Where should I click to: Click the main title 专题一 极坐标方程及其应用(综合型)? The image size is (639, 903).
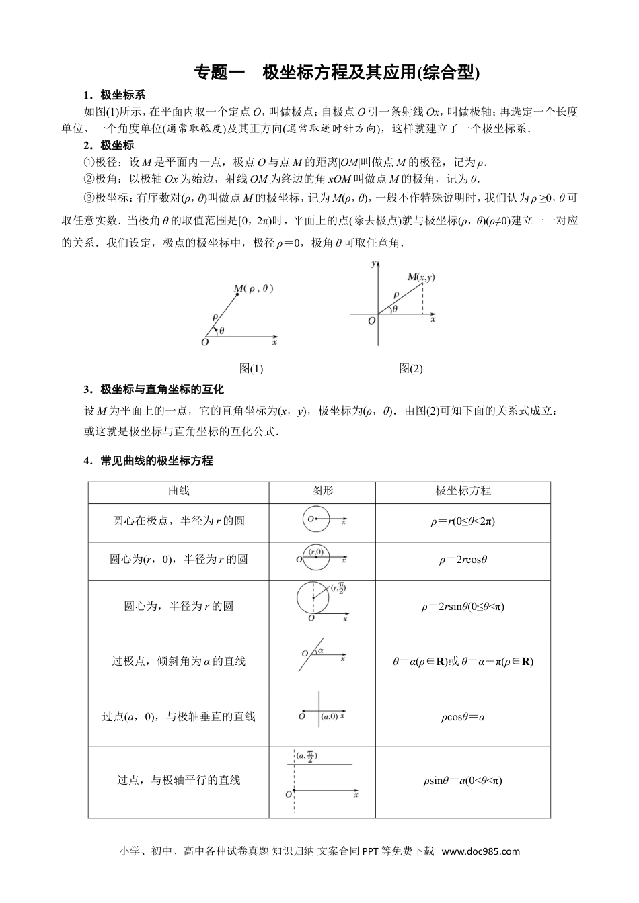337,73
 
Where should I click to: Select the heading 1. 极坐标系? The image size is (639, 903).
114,95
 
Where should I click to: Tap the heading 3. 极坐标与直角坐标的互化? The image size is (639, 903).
153,389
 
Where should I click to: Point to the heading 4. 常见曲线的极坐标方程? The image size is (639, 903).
148,460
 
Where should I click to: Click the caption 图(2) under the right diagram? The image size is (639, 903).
411,368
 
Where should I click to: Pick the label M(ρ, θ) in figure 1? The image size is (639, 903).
254,289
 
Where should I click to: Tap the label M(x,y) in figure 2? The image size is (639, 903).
421,277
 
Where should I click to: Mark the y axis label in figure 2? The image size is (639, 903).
373,264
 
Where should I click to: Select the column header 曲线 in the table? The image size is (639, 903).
178,491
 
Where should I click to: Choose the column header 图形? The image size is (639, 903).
322,491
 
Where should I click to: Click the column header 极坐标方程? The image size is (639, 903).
463,491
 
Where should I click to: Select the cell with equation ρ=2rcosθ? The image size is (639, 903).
463,559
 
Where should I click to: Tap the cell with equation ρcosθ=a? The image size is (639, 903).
463,717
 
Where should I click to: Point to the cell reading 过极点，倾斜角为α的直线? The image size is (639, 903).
178,661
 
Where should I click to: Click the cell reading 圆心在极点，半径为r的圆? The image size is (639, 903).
178,521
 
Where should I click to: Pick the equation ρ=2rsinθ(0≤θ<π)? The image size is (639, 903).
463,607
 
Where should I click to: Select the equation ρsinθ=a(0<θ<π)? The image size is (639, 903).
463,781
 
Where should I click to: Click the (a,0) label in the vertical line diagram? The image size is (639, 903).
330,717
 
